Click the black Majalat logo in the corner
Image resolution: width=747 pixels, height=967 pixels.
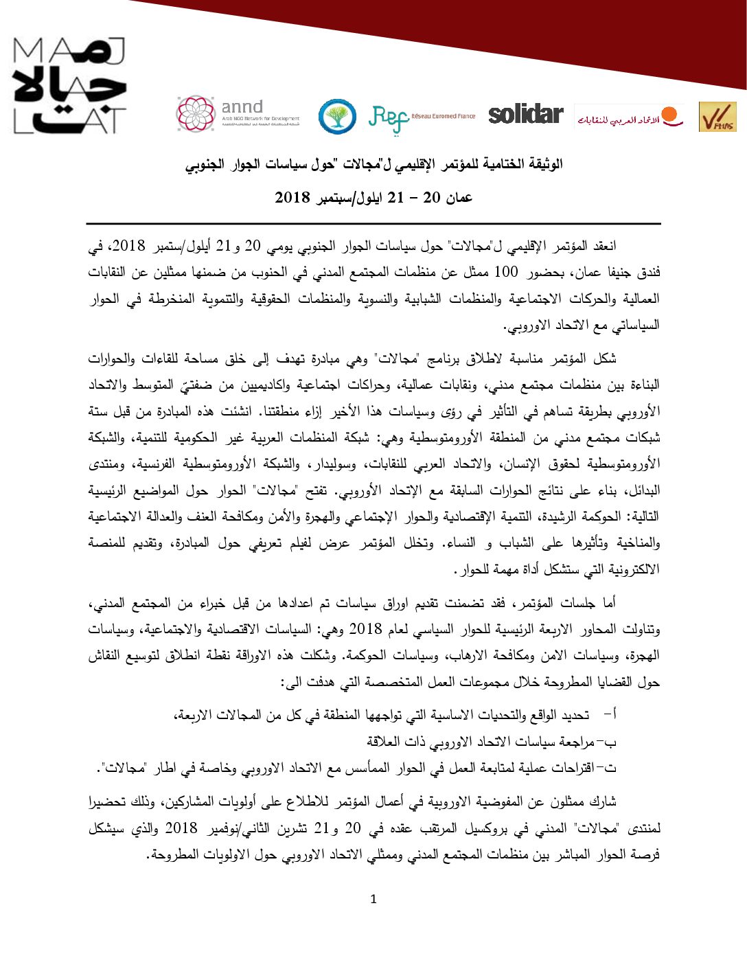[x=69, y=86]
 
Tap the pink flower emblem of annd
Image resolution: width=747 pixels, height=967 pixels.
[x=196, y=113]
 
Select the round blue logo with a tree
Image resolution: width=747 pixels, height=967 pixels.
[x=337, y=116]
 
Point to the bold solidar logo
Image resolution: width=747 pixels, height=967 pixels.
[x=526, y=114]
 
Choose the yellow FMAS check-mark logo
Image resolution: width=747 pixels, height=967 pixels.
[x=717, y=117]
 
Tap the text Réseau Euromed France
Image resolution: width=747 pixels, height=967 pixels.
[x=444, y=116]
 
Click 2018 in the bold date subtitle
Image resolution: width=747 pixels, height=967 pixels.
[x=293, y=198]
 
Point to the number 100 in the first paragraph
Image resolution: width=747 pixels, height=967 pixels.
[x=506, y=272]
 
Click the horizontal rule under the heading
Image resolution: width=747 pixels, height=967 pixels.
[x=373, y=224]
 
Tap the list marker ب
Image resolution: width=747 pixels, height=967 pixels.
[x=611, y=742]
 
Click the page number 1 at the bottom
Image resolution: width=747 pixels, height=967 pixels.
[x=373, y=899]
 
